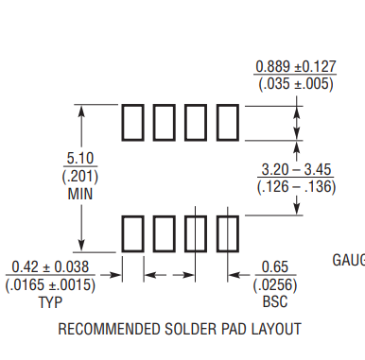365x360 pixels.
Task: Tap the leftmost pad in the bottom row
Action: pos(132,232)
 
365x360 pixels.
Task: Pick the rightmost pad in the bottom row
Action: pos(229,232)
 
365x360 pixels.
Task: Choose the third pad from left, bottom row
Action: pos(197,232)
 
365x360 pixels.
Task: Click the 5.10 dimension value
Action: pos(81,158)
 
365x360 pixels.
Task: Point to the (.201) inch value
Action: pos(81,176)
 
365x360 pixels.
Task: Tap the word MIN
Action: pos(81,194)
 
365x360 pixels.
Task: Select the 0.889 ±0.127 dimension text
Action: pos(295,67)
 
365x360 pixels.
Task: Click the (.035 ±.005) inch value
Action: pos(295,84)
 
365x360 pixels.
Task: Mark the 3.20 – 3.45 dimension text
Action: pos(295,170)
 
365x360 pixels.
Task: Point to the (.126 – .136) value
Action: pos(295,187)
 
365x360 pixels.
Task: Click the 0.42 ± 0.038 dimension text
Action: pos(50,267)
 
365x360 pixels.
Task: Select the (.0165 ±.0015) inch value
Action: pos(50,285)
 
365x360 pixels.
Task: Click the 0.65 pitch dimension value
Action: pos(274,267)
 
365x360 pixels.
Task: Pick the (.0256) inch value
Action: pos(274,285)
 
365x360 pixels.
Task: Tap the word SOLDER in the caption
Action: pos(193,330)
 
